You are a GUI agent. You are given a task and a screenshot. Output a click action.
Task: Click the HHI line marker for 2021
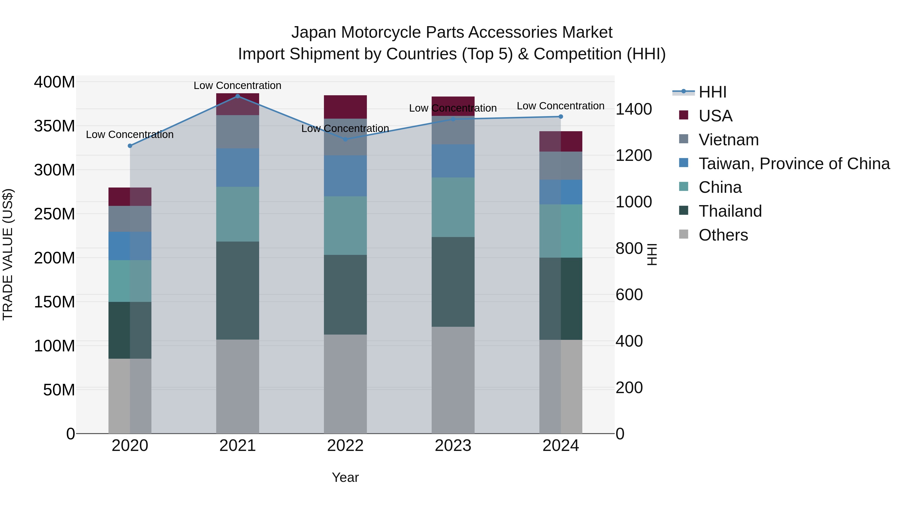click(238, 96)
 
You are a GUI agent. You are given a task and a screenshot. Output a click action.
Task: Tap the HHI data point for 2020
click(130, 146)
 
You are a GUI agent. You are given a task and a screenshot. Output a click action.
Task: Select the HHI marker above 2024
click(560, 117)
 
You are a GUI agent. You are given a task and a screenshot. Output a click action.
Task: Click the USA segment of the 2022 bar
click(345, 107)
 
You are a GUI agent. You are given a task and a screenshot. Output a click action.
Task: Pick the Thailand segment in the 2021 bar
click(238, 291)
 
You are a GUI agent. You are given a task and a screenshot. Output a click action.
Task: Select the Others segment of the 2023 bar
click(453, 380)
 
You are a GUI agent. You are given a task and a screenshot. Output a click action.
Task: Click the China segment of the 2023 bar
click(453, 207)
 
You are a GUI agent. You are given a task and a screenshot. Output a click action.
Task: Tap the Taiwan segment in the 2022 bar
click(345, 176)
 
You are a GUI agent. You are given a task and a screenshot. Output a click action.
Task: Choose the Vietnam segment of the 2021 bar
click(238, 132)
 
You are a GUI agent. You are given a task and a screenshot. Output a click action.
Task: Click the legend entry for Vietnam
click(728, 140)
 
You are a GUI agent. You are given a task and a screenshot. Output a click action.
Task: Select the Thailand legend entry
click(730, 211)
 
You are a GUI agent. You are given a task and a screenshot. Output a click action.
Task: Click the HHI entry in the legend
click(712, 92)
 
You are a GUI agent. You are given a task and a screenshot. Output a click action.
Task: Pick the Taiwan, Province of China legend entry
click(794, 164)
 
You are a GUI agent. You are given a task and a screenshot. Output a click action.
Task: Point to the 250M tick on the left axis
click(54, 214)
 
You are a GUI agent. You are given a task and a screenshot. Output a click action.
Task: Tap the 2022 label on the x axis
click(345, 446)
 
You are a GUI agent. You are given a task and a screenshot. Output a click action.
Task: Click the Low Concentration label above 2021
click(238, 85)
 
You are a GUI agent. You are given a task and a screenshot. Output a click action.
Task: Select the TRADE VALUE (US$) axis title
click(8, 254)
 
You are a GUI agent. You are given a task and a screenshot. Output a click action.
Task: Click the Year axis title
click(345, 477)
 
